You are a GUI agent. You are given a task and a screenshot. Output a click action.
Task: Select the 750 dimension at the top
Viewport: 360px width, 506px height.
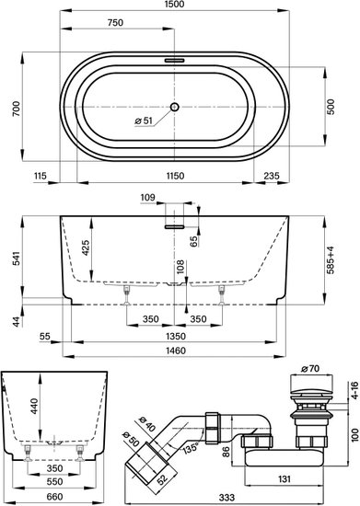[x=115, y=23]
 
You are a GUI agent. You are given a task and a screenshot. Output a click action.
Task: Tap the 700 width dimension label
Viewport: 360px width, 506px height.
[x=16, y=109]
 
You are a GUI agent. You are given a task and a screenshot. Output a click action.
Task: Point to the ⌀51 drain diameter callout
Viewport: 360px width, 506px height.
[x=143, y=121]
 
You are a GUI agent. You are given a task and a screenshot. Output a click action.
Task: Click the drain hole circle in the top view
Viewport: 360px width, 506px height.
[x=174, y=107]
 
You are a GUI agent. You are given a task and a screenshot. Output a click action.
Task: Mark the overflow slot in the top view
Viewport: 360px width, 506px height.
[x=174, y=61]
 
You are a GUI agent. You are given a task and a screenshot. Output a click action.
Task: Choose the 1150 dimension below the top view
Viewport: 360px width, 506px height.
[x=175, y=176]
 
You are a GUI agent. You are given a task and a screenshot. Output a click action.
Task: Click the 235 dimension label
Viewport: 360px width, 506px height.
[x=272, y=176]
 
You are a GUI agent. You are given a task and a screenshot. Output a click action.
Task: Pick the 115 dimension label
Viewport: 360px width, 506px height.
[x=41, y=176]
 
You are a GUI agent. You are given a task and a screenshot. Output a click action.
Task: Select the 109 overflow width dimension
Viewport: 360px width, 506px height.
[x=148, y=197]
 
